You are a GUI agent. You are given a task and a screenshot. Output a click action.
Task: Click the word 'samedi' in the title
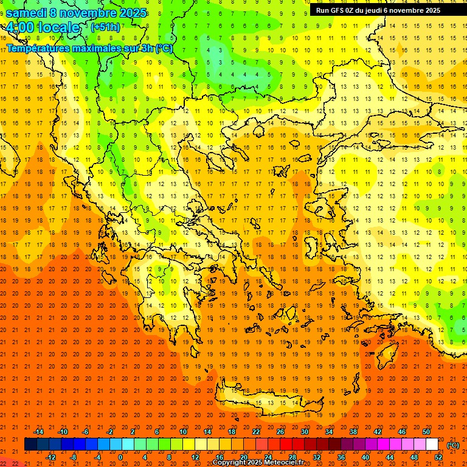(26, 13)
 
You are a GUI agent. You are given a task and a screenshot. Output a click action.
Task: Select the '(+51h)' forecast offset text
(105, 27)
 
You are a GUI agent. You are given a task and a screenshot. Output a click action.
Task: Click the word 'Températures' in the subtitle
(41, 49)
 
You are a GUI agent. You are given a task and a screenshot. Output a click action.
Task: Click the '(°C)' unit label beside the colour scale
(452, 445)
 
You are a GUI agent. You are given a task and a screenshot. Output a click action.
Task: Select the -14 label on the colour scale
(39, 432)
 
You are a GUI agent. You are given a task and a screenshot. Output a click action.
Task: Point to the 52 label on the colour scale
(438, 457)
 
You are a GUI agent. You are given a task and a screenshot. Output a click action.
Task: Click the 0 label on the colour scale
(120, 457)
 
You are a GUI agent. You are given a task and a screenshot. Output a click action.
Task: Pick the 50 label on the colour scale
(426, 432)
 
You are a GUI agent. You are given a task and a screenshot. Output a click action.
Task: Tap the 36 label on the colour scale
(341, 457)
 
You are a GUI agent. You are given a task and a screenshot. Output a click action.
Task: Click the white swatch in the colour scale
(432, 445)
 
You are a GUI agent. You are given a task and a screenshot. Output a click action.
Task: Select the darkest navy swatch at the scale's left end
(30, 445)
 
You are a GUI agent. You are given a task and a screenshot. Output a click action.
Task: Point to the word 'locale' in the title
(57, 27)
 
